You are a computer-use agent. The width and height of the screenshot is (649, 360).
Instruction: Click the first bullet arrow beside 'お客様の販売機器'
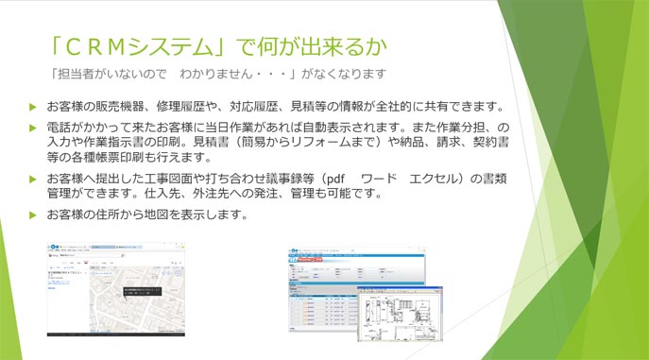(33, 106)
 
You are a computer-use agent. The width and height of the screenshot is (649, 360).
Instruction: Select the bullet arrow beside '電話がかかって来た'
(33, 127)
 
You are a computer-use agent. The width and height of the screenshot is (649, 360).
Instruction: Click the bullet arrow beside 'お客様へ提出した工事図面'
(33, 179)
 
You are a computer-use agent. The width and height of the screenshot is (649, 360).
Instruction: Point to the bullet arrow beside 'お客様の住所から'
(33, 214)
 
